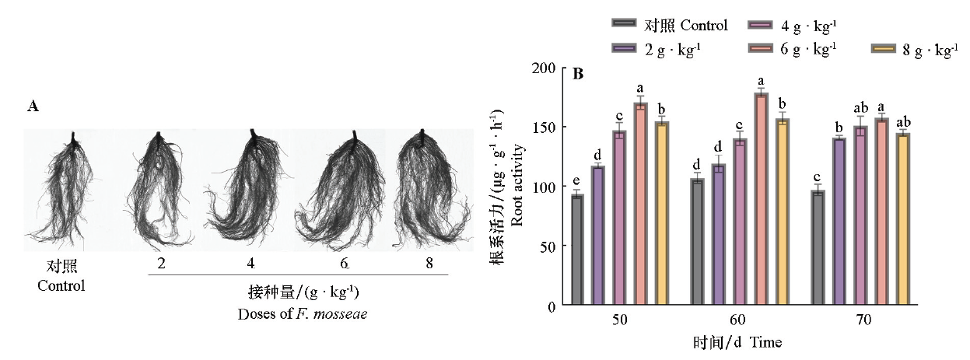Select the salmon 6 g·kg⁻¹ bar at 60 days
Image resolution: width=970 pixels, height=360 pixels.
(762, 198)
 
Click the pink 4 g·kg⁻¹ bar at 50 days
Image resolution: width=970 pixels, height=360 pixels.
(620, 218)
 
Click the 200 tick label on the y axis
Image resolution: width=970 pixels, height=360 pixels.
(545, 68)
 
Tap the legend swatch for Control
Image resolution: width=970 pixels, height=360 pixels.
(624, 26)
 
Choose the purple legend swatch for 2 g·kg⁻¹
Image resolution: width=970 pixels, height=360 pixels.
(624, 50)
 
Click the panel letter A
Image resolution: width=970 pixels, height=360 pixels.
(33, 107)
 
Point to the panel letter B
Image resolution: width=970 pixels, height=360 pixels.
(578, 75)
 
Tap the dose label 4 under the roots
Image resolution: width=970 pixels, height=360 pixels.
(253, 264)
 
